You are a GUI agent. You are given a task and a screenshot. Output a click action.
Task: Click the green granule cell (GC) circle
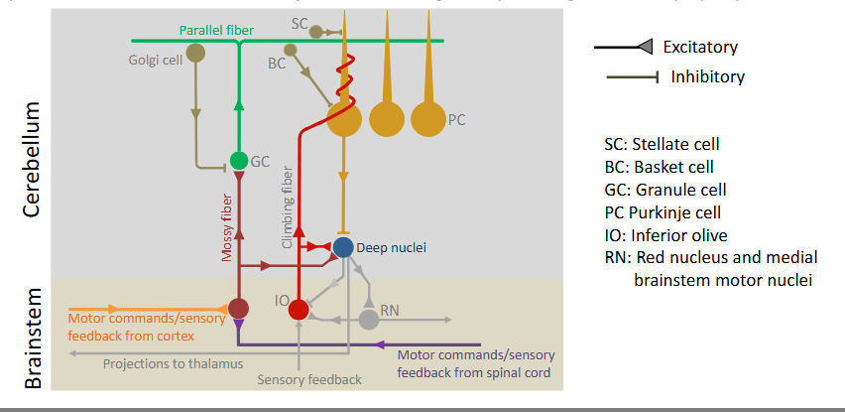[x=238, y=160]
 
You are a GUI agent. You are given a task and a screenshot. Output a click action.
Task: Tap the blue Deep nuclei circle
[x=343, y=246]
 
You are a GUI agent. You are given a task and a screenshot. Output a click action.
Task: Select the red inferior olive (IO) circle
[x=299, y=309]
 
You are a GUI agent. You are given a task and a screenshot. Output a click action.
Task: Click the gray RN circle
[x=369, y=319]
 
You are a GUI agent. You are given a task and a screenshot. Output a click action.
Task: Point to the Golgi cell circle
[x=195, y=54]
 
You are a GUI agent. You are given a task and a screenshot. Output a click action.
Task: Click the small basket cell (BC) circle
[x=290, y=49]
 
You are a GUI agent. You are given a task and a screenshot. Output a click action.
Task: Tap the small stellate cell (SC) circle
[x=316, y=32]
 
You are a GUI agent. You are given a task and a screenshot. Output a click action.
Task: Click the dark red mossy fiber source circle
[x=238, y=308]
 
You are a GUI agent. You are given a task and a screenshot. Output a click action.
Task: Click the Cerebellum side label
[x=32, y=164]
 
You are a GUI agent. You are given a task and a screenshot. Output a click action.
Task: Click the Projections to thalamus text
[x=173, y=363]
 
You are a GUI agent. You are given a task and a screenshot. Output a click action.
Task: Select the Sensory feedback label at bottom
[x=309, y=379]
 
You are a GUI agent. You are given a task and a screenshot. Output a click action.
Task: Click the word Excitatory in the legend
[x=700, y=46]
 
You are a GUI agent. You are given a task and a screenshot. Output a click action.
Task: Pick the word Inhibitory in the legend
[x=707, y=75]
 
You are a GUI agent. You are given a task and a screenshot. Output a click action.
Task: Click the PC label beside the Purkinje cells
[x=456, y=119]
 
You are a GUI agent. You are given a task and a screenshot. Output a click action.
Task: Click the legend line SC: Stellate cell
[x=662, y=144]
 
